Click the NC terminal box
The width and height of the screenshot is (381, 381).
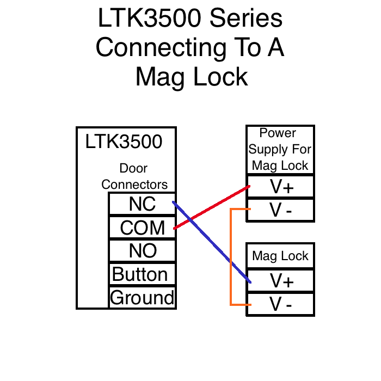[x=142, y=204]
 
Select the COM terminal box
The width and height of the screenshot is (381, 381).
[x=142, y=228]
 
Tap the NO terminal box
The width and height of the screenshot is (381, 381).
[x=142, y=251]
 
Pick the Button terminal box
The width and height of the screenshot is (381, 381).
[x=142, y=274]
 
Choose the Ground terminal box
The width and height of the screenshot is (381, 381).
[x=142, y=298]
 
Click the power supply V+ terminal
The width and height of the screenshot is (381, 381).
[x=281, y=187]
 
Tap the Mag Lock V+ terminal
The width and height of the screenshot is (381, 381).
[x=281, y=280]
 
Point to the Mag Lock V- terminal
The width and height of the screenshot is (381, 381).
[x=281, y=305]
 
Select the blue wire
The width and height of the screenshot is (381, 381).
[x=218, y=250]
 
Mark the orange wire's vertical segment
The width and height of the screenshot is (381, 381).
[x=231, y=256]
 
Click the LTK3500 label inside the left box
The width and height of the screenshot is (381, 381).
[x=124, y=142]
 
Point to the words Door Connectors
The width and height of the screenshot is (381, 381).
[x=134, y=177]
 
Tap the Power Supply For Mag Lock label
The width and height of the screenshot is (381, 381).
[x=280, y=150]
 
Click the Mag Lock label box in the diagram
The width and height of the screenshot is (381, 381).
[x=280, y=256]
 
